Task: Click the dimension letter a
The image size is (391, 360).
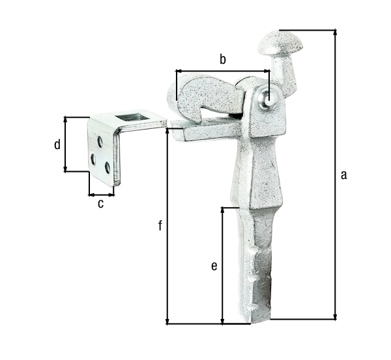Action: [x=344, y=174]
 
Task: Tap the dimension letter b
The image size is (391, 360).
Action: [x=222, y=60]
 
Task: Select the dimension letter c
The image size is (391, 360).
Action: [x=100, y=204]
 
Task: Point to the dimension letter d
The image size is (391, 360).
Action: [x=57, y=145]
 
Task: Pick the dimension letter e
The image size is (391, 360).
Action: [x=213, y=266]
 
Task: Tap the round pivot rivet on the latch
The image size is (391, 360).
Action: [x=267, y=100]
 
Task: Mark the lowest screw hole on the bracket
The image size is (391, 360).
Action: [x=108, y=168]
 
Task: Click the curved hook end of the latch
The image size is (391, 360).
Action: [x=186, y=91]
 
